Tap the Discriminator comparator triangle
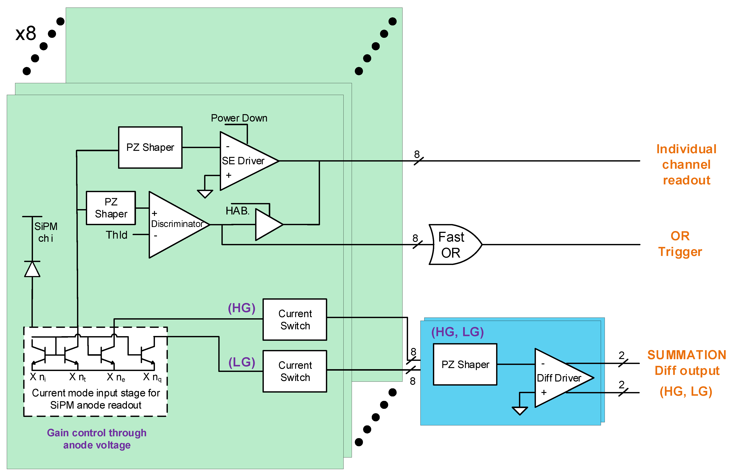point(175,224)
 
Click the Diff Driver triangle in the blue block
point(559,378)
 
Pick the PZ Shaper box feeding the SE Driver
point(150,147)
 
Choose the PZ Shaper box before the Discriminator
point(111,208)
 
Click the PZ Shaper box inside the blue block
point(465,364)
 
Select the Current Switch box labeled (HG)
point(295,319)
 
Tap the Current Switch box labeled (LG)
point(295,371)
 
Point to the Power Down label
point(239,118)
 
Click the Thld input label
point(116,235)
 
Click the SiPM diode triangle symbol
point(32,269)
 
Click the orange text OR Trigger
point(680,244)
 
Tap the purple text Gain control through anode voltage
point(97,439)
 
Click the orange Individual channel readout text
point(686,164)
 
